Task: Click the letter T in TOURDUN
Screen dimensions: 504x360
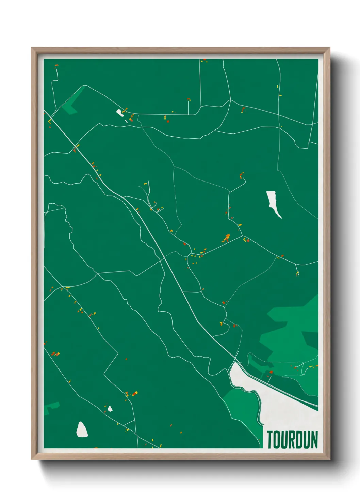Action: pos(270,440)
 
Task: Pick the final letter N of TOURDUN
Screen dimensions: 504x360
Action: pos(314,440)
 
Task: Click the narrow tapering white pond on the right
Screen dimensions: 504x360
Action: pos(273,202)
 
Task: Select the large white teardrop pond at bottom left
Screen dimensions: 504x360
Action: pos(82,430)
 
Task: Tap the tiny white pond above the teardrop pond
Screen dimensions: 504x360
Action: pos(110,408)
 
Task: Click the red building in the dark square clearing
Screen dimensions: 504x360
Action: pos(271,372)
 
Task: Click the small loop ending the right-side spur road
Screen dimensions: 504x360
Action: pos(298,273)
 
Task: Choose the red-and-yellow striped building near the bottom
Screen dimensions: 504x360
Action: pos(135,394)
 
